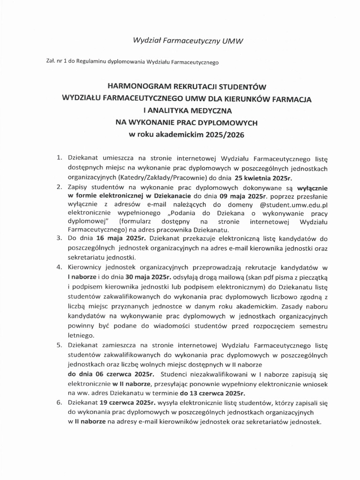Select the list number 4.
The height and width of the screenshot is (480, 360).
click(59, 267)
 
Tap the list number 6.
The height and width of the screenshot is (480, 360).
click(59, 402)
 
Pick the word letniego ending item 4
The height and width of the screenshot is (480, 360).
click(81, 335)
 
